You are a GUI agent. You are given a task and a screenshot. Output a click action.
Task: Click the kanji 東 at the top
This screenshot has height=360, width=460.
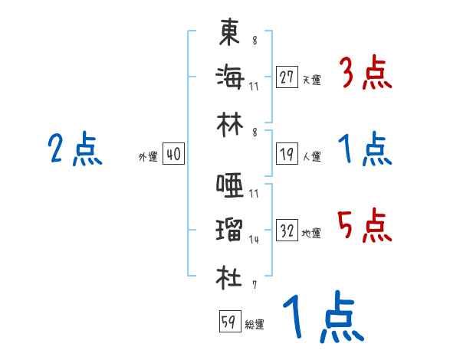[x=229, y=33]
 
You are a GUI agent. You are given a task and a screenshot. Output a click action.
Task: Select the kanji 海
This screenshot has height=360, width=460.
[x=229, y=77]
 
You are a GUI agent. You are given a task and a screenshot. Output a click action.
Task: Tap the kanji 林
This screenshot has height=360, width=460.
[x=229, y=122]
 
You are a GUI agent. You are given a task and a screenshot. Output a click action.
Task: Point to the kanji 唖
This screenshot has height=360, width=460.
[x=229, y=185]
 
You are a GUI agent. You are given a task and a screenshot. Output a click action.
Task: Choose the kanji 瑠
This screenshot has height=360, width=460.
[x=229, y=231]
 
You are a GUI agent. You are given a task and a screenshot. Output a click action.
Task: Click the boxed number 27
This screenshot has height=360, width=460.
[x=287, y=78]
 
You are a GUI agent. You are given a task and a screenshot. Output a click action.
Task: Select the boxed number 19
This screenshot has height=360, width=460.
[x=287, y=154]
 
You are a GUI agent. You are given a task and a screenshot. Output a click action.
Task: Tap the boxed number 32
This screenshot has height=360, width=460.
[x=287, y=231]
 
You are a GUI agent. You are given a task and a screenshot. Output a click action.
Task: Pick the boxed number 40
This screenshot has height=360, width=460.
[x=173, y=154]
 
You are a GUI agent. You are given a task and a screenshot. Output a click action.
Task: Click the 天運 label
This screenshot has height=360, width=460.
[x=311, y=80]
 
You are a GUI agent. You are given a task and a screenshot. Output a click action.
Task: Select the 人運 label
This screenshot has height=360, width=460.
[x=311, y=156]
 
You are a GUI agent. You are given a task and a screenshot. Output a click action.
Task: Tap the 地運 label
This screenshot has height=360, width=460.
[x=311, y=233]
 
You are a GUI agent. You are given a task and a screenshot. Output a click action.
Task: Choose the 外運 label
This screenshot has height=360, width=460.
[x=148, y=156]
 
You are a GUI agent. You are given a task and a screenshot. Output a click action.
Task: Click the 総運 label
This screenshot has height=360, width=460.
[x=255, y=324]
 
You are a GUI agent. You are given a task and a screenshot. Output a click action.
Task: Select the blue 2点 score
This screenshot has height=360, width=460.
[x=74, y=149]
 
